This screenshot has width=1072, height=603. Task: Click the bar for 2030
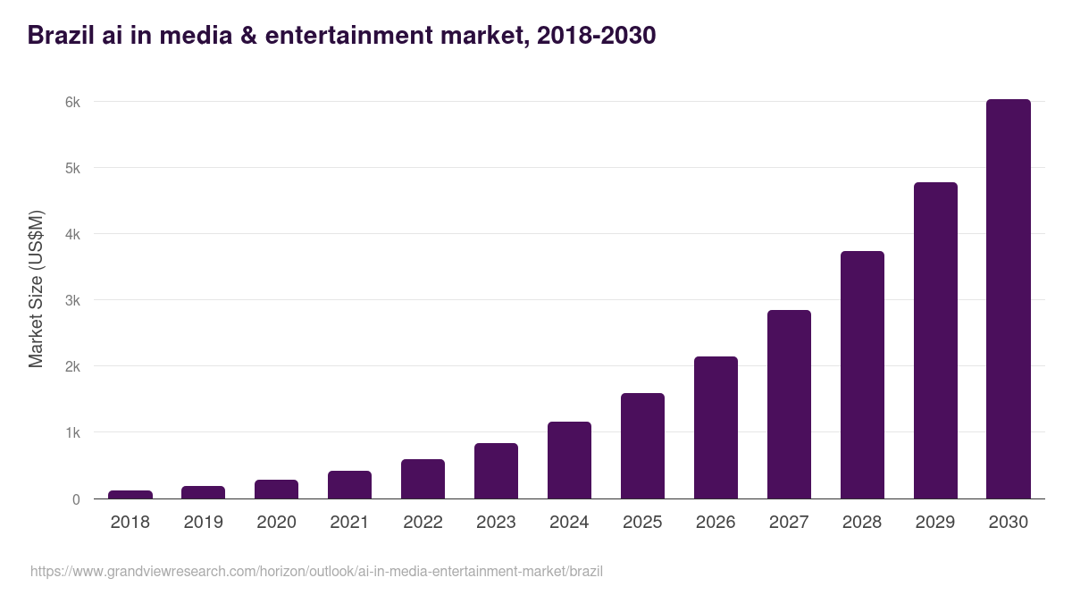coord(1008,299)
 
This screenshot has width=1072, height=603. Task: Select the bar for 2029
coord(934,340)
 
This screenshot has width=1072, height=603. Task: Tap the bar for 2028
coord(861,375)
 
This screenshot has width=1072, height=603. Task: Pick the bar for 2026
coord(716,428)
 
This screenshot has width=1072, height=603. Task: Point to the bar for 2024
coord(569,460)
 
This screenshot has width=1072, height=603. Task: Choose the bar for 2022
coord(423,479)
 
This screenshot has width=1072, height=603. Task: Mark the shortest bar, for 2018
coord(130,494)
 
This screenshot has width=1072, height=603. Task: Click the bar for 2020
coord(276,489)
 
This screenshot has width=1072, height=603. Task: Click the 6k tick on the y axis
coord(72,102)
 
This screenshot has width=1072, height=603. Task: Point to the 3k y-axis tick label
coord(72,300)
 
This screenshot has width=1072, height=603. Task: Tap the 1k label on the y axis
coord(72,432)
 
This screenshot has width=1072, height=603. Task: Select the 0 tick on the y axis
coord(76,499)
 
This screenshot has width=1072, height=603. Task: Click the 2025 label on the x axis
coord(642,523)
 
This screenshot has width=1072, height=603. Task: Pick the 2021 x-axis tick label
coord(349,523)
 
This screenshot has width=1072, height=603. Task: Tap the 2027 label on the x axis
coord(789,523)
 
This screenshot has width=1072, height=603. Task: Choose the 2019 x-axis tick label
coord(203,523)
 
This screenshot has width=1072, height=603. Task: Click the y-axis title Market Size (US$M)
coord(36,289)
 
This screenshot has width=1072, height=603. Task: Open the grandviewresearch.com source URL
coord(316,571)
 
